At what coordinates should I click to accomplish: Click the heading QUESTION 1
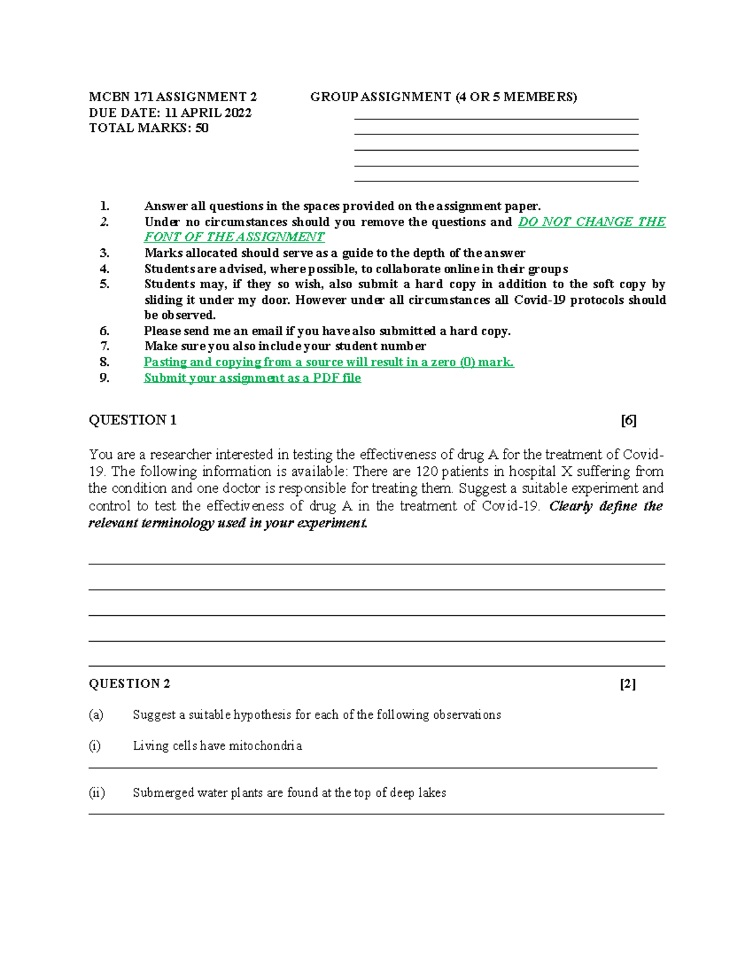tap(132, 421)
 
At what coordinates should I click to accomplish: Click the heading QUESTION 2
tap(129, 684)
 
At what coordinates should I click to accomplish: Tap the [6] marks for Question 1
tap(628, 421)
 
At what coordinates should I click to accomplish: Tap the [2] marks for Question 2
tap(627, 684)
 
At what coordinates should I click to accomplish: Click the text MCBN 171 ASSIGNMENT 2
tap(173, 97)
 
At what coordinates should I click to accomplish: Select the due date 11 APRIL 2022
tap(208, 113)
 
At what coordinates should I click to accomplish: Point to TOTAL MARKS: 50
tap(149, 128)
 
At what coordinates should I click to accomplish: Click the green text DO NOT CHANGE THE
tap(592, 222)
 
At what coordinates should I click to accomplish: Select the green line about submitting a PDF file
tap(252, 378)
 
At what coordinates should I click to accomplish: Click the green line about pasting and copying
tap(329, 362)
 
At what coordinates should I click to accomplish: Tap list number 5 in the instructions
tap(104, 284)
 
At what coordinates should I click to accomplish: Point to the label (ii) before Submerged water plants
tap(97, 793)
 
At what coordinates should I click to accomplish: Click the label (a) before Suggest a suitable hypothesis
tap(96, 714)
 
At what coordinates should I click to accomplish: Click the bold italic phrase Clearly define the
tap(606, 506)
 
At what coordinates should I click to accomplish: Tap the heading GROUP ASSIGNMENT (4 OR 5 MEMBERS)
tap(443, 97)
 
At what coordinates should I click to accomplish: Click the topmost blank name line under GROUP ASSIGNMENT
tap(496, 118)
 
